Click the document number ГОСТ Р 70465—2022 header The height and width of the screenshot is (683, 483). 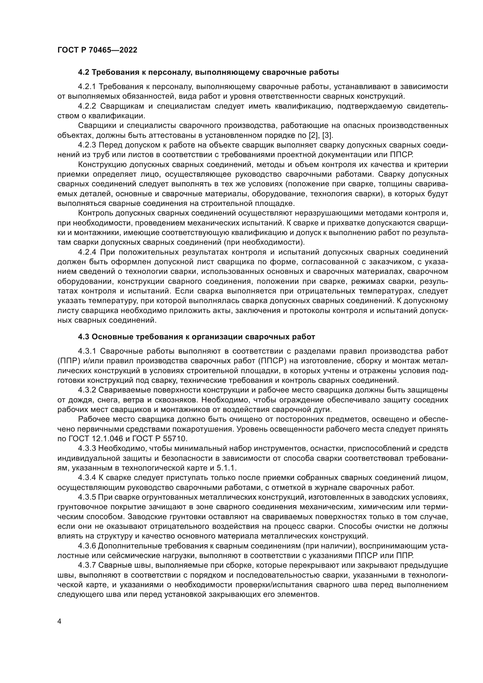97,50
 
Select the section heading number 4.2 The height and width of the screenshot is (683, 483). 84,72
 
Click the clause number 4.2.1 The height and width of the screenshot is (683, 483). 87,86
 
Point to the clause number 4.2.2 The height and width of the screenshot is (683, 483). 87,106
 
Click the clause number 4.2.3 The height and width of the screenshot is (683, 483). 87,145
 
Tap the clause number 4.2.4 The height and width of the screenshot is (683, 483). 87,252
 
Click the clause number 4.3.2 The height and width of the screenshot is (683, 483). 87,390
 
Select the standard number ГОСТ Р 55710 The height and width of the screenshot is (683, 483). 158,439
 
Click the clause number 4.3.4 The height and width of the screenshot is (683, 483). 87,478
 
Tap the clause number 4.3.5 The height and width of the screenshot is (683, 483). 87,497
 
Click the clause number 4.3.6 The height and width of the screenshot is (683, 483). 87,546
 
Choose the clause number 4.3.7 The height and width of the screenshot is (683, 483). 87,565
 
